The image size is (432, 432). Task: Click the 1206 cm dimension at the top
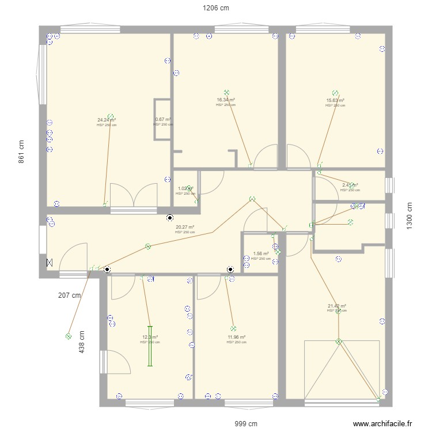pyautogui.click(x=215, y=8)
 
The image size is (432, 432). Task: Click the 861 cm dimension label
pyautogui.click(x=22, y=152)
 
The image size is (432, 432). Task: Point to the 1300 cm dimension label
pyautogui.click(x=410, y=216)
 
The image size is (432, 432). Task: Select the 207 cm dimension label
pyautogui.click(x=70, y=295)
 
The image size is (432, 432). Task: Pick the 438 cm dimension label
pyautogui.click(x=82, y=341)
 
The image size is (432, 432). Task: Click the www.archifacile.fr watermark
pyautogui.click(x=382, y=424)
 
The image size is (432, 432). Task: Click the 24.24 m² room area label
pyautogui.click(x=107, y=120)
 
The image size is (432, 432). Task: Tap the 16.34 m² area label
pyautogui.click(x=226, y=100)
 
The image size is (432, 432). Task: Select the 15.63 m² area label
pyautogui.click(x=335, y=100)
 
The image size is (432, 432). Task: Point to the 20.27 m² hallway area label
pyautogui.click(x=185, y=227)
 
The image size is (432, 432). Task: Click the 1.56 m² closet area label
pyautogui.click(x=261, y=253)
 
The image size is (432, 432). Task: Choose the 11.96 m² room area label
pyautogui.click(x=236, y=337)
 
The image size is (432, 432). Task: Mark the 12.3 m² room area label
pyautogui.click(x=150, y=337)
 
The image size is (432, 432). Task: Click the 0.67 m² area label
pyautogui.click(x=163, y=120)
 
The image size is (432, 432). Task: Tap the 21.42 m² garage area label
pyautogui.click(x=337, y=306)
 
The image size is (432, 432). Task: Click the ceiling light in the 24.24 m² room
pyautogui.click(x=110, y=115)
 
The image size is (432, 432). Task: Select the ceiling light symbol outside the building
pyautogui.click(x=69, y=336)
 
